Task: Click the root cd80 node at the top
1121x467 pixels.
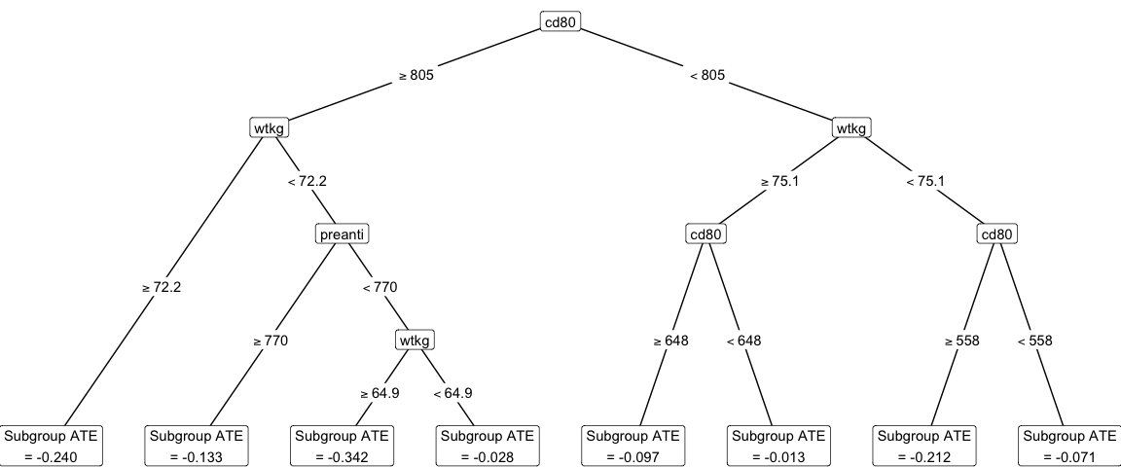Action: [560, 21]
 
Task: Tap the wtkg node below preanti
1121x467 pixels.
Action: [416, 341]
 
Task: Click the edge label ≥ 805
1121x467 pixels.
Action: [416, 76]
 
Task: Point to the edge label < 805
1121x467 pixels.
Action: [706, 76]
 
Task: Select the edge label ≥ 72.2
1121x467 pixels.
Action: [162, 288]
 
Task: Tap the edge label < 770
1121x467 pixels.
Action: [380, 287]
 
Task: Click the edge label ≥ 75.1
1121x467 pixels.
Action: [778, 181]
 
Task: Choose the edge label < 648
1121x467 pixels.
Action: [743, 341]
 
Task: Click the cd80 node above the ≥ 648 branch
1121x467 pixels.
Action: [706, 234]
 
